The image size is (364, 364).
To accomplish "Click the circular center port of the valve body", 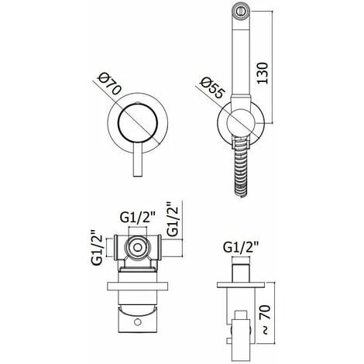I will click(x=137, y=249).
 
